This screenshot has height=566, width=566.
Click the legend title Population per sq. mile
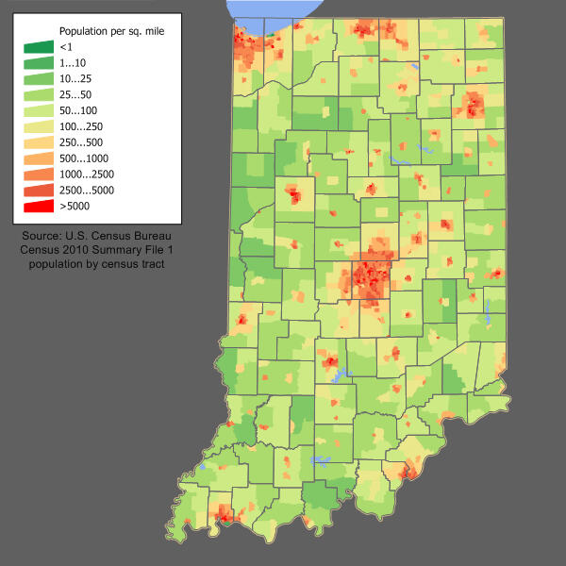pos(111,31)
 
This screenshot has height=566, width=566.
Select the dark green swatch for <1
pos(39,46)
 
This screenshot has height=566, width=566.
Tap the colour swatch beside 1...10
pos(39,62)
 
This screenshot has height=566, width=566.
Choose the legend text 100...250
pos(82,125)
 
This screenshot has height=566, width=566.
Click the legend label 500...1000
pos(85,158)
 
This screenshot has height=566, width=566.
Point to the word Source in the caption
pos(47,235)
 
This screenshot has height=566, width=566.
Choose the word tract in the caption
pos(151,265)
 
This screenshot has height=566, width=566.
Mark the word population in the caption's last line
pos(58,265)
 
